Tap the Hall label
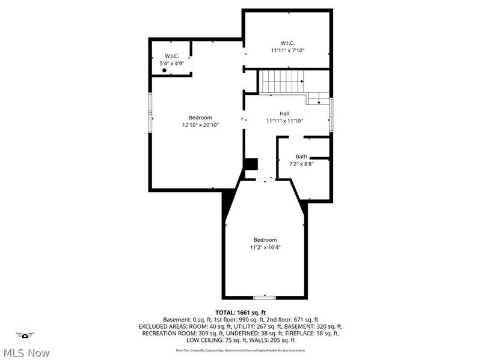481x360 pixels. click(x=284, y=113)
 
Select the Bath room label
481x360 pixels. click(x=301, y=156)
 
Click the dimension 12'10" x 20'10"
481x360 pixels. click(x=200, y=125)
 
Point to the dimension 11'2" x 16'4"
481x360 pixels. click(x=265, y=247)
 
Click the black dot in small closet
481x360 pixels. click(x=165, y=70)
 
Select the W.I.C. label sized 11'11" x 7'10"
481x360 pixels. click(x=287, y=43)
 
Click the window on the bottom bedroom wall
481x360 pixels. click(x=265, y=297)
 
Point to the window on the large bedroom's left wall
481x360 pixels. click(x=151, y=112)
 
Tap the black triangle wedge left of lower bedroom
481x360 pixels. click(x=228, y=204)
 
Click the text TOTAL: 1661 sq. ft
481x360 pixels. click(x=240, y=313)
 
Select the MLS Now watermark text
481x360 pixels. click(x=27, y=353)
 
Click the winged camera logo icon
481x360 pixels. click(x=25, y=335)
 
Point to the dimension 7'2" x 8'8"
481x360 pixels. click(x=301, y=163)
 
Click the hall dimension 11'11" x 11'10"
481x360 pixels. click(x=284, y=121)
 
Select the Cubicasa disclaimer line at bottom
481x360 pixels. click(x=240, y=350)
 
